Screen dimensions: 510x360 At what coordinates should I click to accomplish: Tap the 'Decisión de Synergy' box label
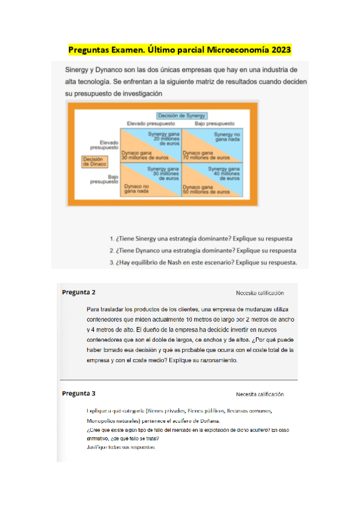point(182,115)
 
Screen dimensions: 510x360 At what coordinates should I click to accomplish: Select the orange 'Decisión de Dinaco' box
point(94,161)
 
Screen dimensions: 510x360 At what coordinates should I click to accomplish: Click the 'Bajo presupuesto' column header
point(213,123)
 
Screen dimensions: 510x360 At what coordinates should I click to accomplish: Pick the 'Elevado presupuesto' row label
point(104,144)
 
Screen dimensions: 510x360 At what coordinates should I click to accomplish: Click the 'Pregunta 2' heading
point(78,292)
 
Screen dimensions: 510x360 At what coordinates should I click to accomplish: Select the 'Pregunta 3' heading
point(78,393)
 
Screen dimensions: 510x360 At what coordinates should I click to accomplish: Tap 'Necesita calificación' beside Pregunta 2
point(260,293)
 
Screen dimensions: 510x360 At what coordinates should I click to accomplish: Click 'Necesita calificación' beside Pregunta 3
point(260,395)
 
